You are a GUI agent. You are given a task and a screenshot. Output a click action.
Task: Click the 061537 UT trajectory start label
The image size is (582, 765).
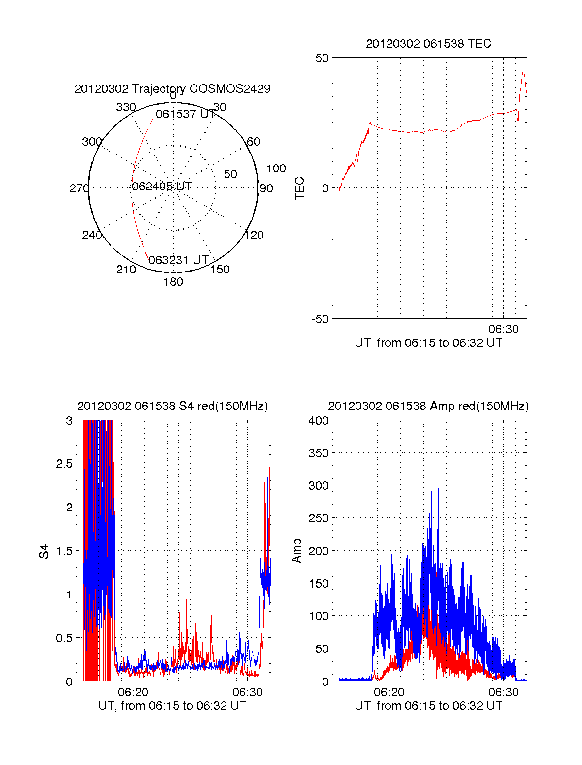point(185,114)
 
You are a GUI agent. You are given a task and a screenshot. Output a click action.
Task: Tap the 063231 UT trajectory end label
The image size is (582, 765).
point(178,260)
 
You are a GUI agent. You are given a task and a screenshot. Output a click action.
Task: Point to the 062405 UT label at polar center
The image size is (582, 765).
point(162,187)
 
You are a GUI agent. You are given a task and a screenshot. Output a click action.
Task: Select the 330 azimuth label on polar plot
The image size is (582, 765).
point(126,107)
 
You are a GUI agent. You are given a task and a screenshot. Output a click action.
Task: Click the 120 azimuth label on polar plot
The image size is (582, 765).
point(254,235)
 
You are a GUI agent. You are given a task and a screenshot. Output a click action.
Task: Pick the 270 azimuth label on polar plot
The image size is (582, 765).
point(79,188)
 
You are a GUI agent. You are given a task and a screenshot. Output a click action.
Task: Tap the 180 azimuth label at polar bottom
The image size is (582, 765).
point(173,282)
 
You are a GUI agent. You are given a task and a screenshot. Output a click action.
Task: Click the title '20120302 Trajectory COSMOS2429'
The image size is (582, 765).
point(172,89)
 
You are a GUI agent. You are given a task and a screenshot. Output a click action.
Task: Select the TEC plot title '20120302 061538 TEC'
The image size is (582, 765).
point(428,44)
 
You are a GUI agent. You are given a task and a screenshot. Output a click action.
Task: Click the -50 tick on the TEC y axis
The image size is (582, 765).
point(320,319)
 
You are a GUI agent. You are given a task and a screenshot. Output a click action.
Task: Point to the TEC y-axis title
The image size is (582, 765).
point(300,188)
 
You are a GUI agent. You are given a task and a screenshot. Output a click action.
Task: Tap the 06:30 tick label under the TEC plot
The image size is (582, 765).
point(503,329)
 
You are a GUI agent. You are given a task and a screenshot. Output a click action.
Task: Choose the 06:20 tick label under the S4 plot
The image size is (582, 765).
point(133,692)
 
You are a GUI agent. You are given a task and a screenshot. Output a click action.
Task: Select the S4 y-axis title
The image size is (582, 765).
point(44,551)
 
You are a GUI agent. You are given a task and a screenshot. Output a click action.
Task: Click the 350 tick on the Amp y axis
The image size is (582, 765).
point(319,453)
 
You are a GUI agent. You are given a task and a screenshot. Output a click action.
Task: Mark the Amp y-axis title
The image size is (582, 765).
point(297,550)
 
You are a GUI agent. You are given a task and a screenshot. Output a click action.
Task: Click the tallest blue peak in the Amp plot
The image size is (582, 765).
point(438,489)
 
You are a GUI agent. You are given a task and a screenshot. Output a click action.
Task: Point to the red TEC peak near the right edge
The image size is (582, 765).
point(523,72)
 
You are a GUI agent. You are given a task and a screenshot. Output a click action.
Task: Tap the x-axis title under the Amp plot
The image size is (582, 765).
point(428,706)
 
